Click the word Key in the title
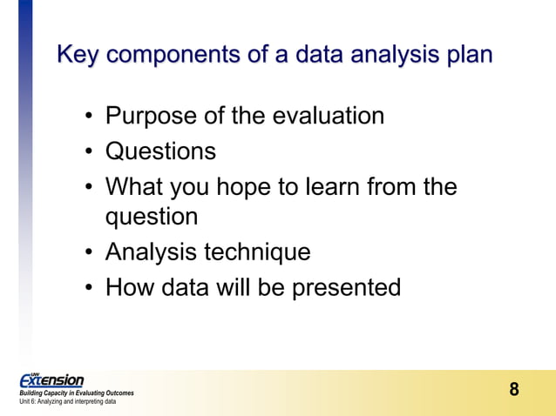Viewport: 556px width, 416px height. coord(79,55)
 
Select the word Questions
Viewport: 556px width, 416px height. coord(160,151)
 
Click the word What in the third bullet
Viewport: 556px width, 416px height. coord(132,187)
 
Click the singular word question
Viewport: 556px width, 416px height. coord(152,216)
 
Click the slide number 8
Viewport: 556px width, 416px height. coord(514,389)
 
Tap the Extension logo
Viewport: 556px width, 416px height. coord(52,380)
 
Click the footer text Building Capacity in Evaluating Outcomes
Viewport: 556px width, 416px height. coord(77,393)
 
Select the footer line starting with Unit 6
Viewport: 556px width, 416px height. coord(67,402)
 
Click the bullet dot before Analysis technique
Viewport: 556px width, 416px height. coord(90,253)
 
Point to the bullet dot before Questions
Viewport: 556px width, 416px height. coord(90,152)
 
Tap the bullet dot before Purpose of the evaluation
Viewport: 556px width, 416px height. coord(90,117)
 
